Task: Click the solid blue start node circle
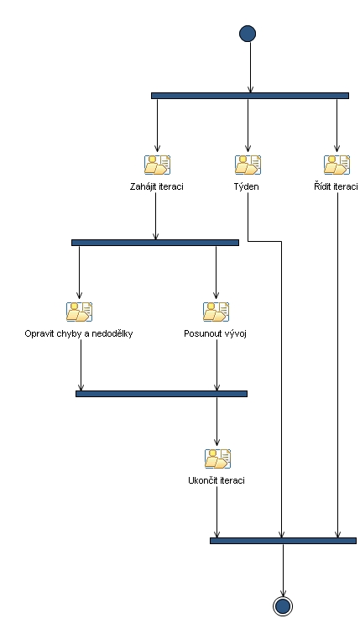[248, 34]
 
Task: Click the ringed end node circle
[283, 606]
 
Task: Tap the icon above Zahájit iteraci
[157, 165]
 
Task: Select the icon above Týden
[248, 165]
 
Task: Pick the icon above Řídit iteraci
[337, 165]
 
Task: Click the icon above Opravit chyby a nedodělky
[79, 312]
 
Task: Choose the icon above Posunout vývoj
[217, 312]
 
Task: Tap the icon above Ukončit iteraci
[217, 458]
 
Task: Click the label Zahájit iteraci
[157, 186]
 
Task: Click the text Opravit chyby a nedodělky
[79, 333]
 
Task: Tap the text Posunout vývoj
[216, 333]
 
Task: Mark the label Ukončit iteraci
[217, 480]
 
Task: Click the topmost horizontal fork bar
[249, 96]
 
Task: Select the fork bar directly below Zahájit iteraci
[155, 243]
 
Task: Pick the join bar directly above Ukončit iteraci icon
[161, 393]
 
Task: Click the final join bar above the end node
[283, 541]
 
